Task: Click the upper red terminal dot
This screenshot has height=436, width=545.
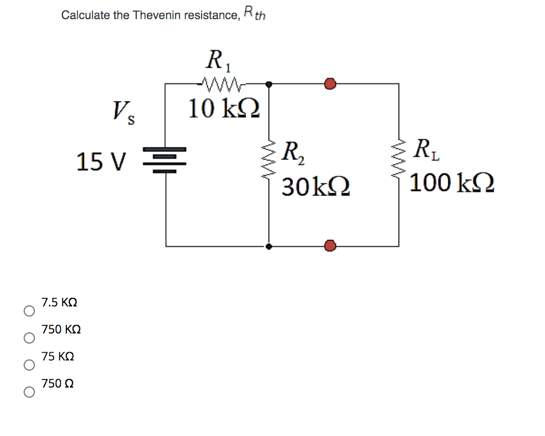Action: [x=330, y=84]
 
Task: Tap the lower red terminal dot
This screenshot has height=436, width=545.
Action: [x=330, y=246]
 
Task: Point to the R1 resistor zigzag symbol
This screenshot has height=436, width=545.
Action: [x=224, y=85]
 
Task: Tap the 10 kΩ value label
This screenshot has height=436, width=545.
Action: [x=224, y=108]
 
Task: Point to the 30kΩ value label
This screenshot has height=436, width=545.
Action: [x=316, y=186]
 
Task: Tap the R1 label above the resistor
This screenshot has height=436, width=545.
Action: [x=216, y=59]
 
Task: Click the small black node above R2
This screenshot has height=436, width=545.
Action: [x=269, y=84]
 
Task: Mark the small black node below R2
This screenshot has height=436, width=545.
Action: [x=269, y=246]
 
